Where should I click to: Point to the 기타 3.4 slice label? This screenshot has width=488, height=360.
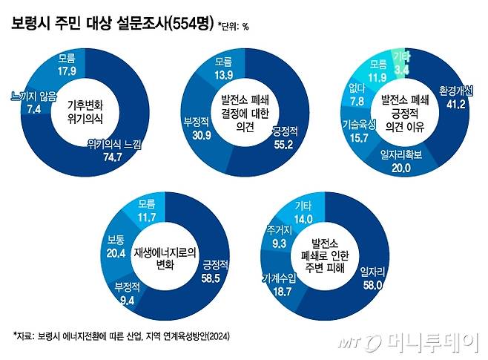(401, 63)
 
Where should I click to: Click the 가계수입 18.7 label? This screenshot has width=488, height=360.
(279, 284)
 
